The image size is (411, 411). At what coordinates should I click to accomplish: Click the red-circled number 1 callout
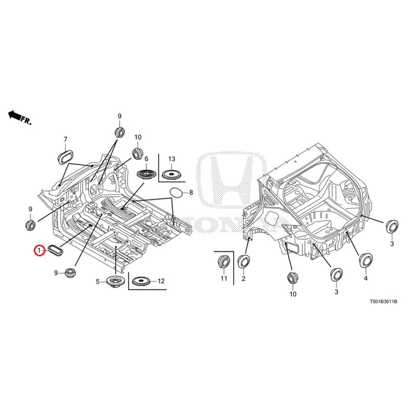click(40, 251)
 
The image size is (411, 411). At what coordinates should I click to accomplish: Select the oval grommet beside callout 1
click(55, 250)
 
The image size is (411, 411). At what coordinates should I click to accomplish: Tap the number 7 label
click(65, 140)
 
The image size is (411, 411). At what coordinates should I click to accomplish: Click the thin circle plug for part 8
click(176, 193)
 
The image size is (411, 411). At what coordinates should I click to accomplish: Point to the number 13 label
click(172, 159)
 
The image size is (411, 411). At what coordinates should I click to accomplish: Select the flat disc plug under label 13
click(172, 175)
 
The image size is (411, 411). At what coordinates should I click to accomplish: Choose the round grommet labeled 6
click(147, 175)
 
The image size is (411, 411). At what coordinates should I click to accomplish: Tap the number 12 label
click(161, 281)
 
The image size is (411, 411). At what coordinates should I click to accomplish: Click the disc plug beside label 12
click(142, 282)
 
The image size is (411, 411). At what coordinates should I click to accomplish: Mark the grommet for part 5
click(115, 282)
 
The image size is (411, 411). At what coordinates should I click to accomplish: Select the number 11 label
click(224, 278)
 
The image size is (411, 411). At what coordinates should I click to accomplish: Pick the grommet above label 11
click(224, 261)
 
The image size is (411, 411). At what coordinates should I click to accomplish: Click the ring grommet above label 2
click(244, 261)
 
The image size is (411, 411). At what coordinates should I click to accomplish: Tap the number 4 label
click(366, 278)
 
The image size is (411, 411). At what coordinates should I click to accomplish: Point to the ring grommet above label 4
click(366, 260)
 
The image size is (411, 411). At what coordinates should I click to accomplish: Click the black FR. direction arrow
click(15, 115)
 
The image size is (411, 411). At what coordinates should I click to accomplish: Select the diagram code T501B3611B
click(383, 302)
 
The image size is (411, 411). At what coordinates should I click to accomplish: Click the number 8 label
click(191, 193)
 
